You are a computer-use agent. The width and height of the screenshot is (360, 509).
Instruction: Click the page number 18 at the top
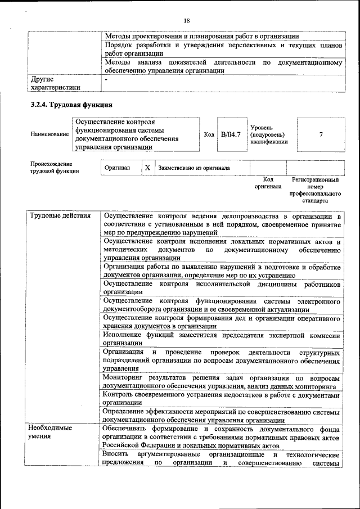(187, 21)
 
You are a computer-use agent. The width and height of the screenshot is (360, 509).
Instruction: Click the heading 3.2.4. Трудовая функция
(71, 105)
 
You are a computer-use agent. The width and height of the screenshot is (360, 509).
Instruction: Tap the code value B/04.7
(231, 134)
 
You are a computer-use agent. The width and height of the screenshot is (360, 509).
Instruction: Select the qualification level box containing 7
(321, 135)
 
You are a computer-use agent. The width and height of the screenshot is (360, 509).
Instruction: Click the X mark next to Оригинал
(147, 168)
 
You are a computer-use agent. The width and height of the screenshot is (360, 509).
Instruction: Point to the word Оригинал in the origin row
(117, 168)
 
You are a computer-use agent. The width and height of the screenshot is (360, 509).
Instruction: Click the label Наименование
(49, 135)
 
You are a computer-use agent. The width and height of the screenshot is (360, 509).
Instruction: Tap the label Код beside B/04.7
(209, 135)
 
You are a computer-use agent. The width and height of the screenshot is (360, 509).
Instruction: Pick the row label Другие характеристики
(55, 83)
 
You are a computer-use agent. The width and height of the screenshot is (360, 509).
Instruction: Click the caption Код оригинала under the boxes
(268, 183)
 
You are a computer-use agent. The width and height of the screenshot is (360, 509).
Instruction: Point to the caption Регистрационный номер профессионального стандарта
(315, 190)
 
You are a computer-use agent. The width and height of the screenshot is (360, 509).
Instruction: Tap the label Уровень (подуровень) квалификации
(269, 135)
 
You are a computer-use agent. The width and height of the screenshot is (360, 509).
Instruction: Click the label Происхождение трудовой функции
(55, 167)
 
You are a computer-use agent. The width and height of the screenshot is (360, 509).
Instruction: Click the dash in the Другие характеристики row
(106, 80)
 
